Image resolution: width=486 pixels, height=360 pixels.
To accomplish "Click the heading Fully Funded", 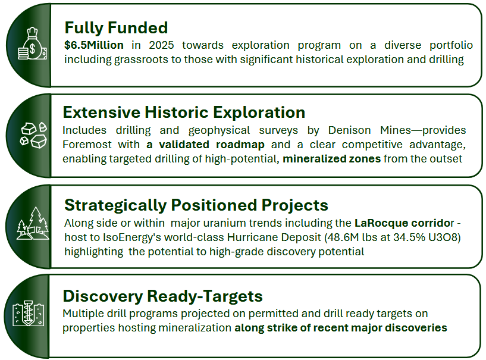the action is coord(116,28).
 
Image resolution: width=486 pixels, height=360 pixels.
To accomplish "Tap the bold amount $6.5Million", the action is coord(94,45).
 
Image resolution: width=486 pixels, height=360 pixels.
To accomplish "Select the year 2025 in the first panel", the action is coord(161,45).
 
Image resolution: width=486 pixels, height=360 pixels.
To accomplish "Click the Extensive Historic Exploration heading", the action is coord(184,112).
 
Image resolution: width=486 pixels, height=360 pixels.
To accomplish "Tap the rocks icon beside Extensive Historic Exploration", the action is coord(33,135).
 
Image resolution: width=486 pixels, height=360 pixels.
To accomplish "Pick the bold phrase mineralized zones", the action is coord(332,159).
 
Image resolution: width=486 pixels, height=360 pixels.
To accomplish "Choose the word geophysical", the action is coord(219,130).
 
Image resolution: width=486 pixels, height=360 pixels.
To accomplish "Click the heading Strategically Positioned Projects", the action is coord(196,205).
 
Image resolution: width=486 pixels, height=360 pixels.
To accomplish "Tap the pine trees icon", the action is coord(33,223).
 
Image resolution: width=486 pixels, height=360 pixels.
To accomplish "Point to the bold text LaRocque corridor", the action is coord(404,223).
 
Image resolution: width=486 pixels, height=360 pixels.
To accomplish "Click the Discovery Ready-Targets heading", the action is coord(163,296).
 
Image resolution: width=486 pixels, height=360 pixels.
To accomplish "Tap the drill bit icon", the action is coord(28,313).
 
